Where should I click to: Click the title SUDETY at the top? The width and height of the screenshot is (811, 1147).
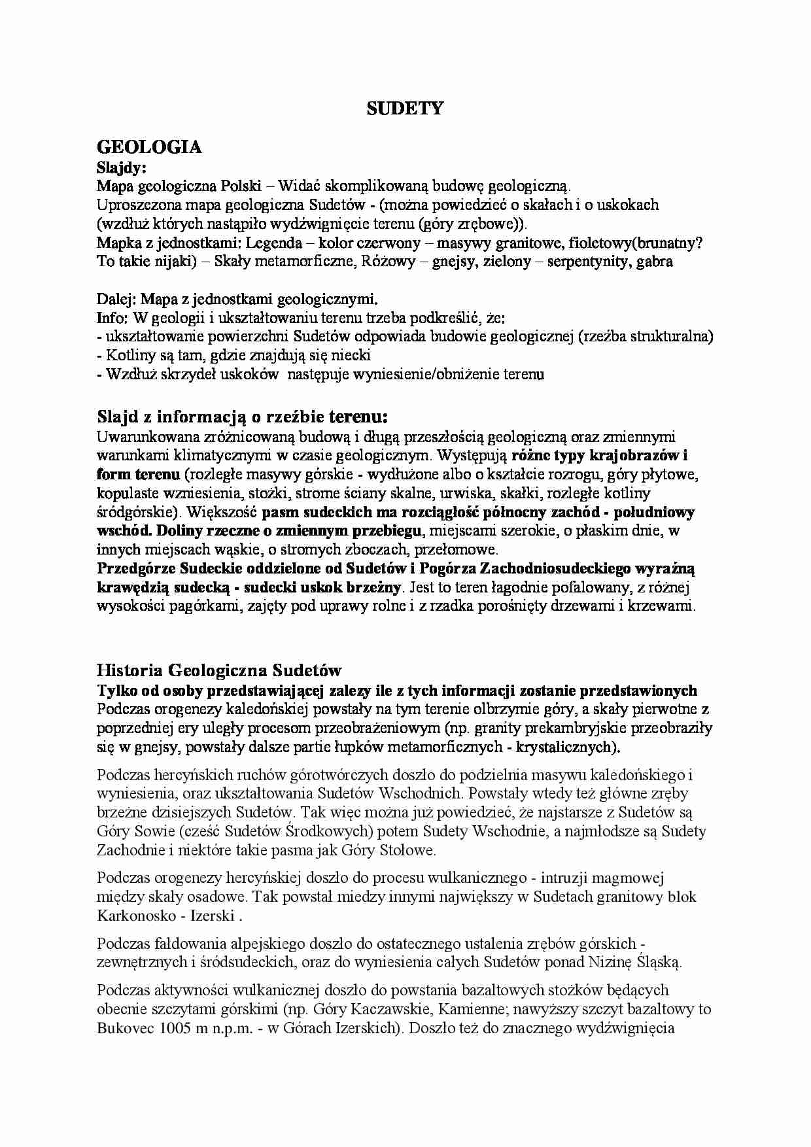[x=405, y=109]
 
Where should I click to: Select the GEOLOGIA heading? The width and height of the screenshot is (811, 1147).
[x=149, y=147]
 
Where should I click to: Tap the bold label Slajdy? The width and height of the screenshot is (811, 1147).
[x=121, y=167]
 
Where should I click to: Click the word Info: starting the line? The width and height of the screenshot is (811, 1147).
[x=112, y=318]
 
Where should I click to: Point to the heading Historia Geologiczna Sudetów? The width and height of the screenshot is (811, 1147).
[x=219, y=670]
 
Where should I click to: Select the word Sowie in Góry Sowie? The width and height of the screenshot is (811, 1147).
[x=154, y=832]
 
